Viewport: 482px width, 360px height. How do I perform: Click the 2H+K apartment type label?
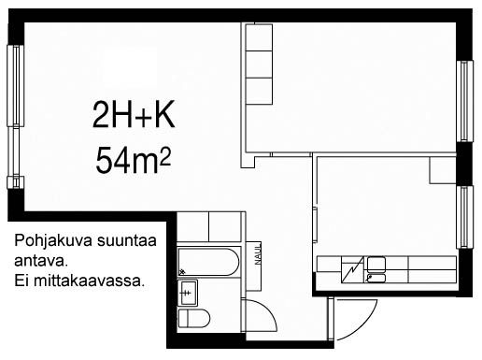[x=134, y=115]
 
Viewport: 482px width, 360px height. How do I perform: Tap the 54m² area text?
[x=133, y=160]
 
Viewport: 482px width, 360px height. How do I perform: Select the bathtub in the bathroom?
[x=208, y=262]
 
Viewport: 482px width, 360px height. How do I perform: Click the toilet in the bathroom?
[x=193, y=318]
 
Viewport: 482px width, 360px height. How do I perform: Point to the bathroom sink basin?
[x=188, y=293]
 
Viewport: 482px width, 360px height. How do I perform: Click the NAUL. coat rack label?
[x=258, y=254]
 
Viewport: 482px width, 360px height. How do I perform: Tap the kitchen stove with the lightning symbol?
[x=352, y=269]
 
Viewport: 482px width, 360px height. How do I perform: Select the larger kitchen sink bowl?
[x=376, y=264]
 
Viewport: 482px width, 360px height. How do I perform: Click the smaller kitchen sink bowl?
[x=376, y=278]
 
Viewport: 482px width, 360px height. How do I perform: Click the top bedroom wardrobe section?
[x=259, y=37]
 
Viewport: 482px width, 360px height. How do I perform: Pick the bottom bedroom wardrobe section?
[x=259, y=91]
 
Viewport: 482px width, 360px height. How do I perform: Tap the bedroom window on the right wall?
[x=464, y=101]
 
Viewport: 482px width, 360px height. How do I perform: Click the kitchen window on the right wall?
[x=464, y=217]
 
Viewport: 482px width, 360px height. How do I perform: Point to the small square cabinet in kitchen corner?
[x=443, y=170]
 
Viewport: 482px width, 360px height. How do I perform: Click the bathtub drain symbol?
[x=182, y=272]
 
